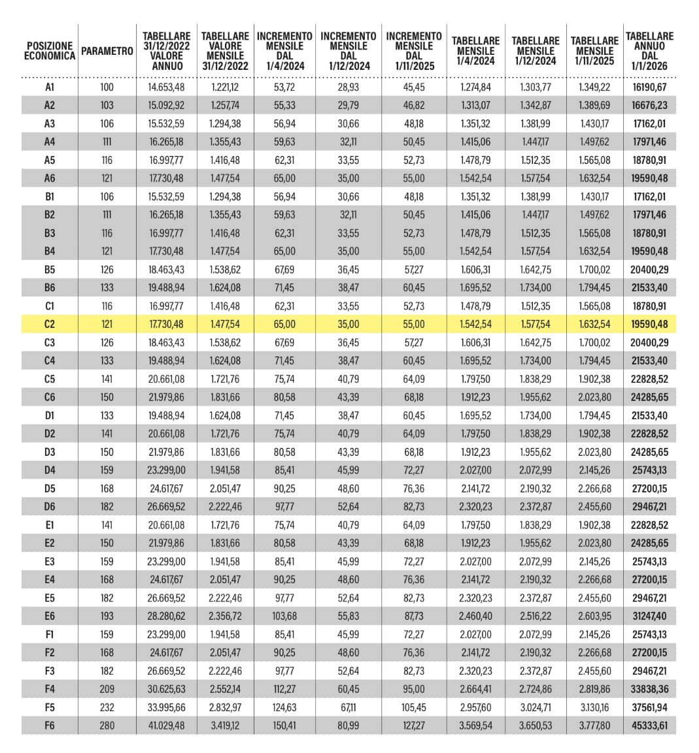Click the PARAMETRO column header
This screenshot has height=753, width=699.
(107, 51)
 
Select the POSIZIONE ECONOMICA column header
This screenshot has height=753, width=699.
(50, 51)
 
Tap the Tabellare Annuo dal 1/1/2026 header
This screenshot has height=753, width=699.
(649, 51)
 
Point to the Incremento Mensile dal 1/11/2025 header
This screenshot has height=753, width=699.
(414, 51)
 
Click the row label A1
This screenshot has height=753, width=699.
(50, 87)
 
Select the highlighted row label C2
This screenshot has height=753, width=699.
(50, 324)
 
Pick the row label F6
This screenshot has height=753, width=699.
(50, 726)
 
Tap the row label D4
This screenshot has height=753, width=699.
(50, 470)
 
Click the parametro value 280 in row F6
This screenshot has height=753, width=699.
(107, 726)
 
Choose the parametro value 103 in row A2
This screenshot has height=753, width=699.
(107, 105)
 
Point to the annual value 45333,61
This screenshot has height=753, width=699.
(649, 726)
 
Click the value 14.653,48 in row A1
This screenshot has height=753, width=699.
(166, 87)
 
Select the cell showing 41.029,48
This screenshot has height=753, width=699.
(166, 726)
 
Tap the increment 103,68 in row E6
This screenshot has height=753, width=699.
(284, 616)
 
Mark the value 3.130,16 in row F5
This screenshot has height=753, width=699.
(594, 707)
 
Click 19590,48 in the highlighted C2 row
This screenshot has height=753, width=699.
(649, 324)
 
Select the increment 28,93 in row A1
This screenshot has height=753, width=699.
(349, 87)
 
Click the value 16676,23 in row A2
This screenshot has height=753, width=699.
(649, 105)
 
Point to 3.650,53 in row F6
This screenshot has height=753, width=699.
(536, 726)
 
